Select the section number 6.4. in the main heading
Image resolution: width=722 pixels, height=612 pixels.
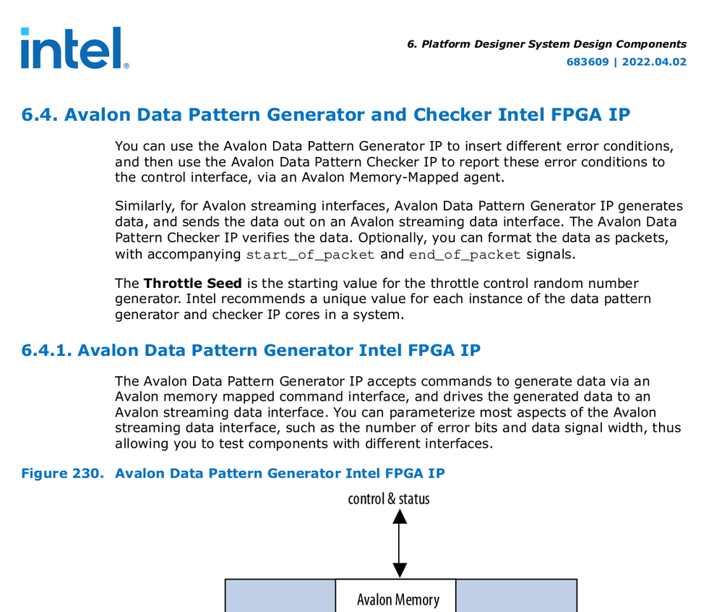(40, 115)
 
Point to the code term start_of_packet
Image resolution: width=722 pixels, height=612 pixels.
(311, 255)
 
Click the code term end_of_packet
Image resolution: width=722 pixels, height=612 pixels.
(465, 255)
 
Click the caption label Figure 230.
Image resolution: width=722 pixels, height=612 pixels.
(63, 474)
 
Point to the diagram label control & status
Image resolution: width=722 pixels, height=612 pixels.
(389, 498)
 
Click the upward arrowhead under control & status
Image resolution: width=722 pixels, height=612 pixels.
(398, 516)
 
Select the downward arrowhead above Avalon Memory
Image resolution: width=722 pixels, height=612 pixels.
(398, 570)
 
